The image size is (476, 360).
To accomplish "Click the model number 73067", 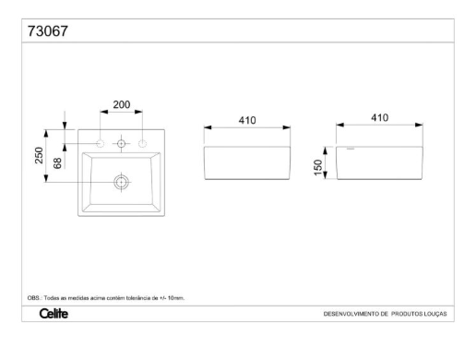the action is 48,31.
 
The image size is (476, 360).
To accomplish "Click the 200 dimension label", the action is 122,104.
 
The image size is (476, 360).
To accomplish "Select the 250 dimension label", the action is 39,155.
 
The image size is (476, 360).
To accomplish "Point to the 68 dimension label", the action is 57,163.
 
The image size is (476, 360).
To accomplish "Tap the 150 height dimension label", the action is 318,168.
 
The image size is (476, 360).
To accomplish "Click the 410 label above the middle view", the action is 247,120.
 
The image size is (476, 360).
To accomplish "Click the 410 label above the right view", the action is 379,117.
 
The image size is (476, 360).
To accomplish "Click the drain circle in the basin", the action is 122,182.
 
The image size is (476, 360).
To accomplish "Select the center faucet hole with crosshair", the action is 121,143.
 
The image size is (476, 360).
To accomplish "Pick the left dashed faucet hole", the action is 101,143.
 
